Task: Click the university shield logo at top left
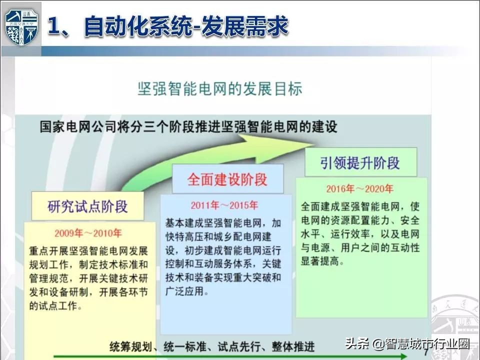tap(21, 27)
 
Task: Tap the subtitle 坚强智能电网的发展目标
tap(220, 89)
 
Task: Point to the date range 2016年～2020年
tap(360, 189)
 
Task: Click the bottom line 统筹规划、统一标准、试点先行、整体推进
tap(212, 345)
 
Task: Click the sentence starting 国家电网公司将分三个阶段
tap(188, 126)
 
